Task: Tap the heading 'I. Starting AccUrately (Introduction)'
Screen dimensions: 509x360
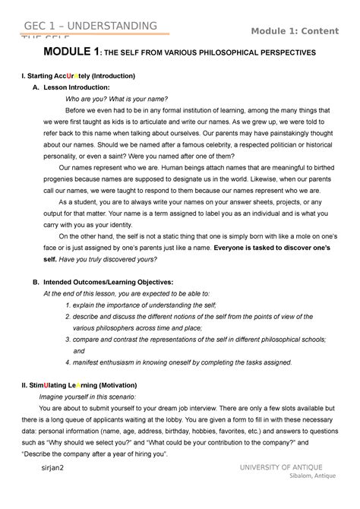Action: [79, 77]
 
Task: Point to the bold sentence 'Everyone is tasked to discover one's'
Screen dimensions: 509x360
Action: [275, 248]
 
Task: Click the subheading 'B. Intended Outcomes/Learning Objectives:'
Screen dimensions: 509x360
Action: [108, 282]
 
